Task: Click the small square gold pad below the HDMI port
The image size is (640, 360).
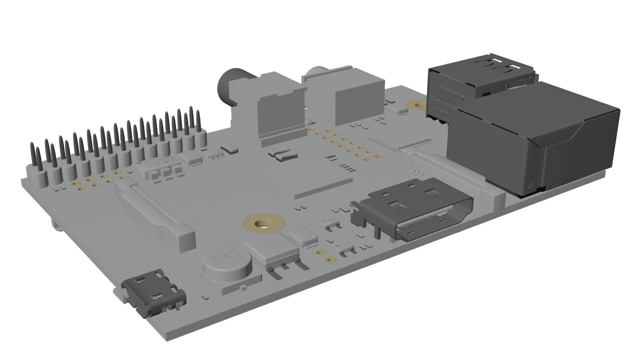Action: pyautogui.click(x=330, y=260)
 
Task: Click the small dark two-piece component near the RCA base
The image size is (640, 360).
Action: pyautogui.click(x=283, y=155)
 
